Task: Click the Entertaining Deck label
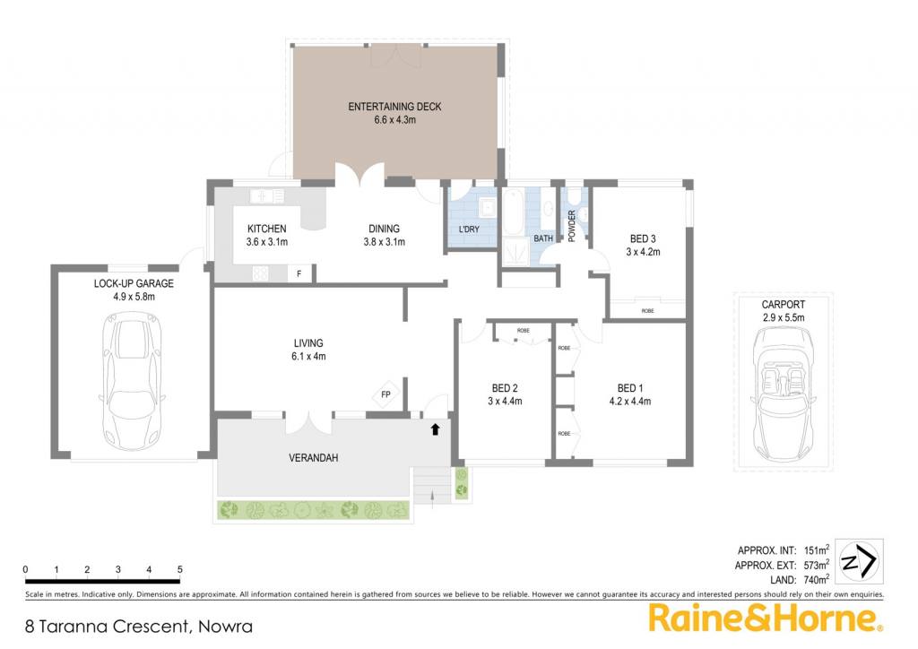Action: tap(394, 107)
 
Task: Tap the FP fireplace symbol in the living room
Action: tap(385, 394)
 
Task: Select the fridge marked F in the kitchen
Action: tap(299, 273)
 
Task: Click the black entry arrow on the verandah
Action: tap(435, 429)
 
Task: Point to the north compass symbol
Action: tap(858, 562)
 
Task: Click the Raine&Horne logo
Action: tap(766, 618)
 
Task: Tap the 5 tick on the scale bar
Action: tap(179, 569)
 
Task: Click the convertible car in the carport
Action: tap(784, 394)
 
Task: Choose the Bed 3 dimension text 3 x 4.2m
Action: tap(643, 252)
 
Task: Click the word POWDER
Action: tap(572, 226)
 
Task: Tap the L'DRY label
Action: tap(469, 229)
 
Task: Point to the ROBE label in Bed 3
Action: tap(647, 311)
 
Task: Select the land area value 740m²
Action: tap(817, 580)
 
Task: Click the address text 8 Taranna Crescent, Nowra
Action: tap(139, 627)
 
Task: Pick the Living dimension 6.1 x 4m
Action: tap(308, 356)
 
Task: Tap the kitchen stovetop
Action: tap(261, 273)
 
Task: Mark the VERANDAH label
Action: tap(313, 458)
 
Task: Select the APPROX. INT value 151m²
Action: tap(817, 550)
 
